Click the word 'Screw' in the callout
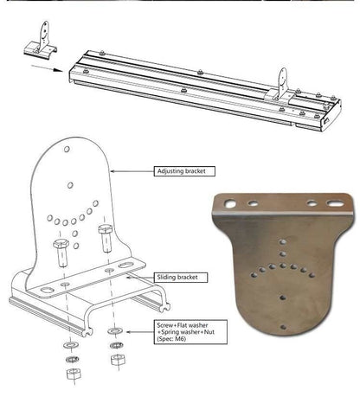167,323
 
